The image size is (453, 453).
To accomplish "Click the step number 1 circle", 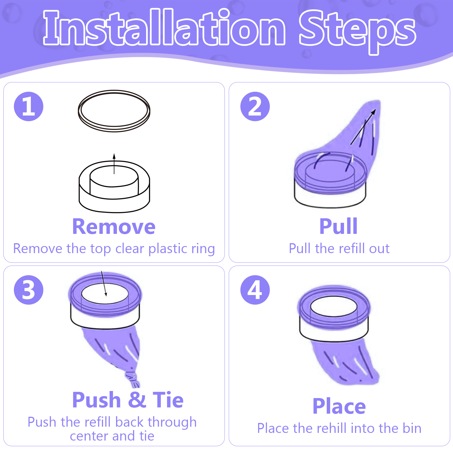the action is tap(29, 106).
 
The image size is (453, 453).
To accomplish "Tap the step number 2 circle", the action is tap(255, 106).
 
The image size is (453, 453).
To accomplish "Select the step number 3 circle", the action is tap(29, 290).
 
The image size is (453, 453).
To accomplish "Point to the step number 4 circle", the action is tap(255, 290).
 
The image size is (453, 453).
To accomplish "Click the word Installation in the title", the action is tap(164, 27).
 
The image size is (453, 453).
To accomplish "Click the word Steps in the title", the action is tap(357, 31).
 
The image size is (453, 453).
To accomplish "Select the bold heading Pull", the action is tap(339, 226).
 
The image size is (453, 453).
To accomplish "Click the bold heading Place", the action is tap(339, 406).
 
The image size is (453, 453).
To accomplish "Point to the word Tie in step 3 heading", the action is tap(168, 400).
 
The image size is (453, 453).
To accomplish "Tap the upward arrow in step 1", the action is tap(114, 164).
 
